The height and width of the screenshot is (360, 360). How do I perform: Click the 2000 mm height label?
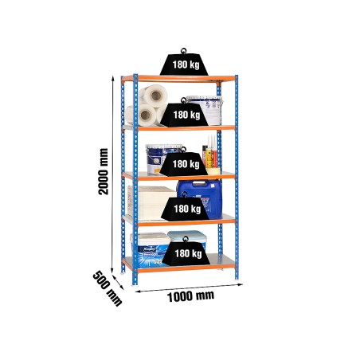[x=104, y=171]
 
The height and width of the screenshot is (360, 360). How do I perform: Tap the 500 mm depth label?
[x=108, y=288]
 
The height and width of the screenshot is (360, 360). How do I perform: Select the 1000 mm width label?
[x=190, y=296]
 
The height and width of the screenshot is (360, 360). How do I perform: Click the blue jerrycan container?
[x=200, y=198]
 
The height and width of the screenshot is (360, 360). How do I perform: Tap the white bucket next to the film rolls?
[x=205, y=110]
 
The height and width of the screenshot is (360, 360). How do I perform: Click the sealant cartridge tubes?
[x=210, y=152]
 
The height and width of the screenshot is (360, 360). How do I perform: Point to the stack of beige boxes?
[x=151, y=203]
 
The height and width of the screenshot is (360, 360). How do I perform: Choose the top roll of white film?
[x=154, y=95]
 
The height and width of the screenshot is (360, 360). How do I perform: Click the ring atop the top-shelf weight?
[x=183, y=50]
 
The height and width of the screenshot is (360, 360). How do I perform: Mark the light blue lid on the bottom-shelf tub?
[x=187, y=235]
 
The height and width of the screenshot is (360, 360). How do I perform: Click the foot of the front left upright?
[x=135, y=285]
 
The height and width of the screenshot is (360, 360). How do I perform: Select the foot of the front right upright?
[x=237, y=280]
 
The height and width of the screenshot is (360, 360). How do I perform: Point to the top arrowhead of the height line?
[x=113, y=78]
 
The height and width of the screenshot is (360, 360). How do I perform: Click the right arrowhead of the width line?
[x=241, y=284]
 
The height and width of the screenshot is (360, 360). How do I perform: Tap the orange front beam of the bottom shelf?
[x=186, y=270]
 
